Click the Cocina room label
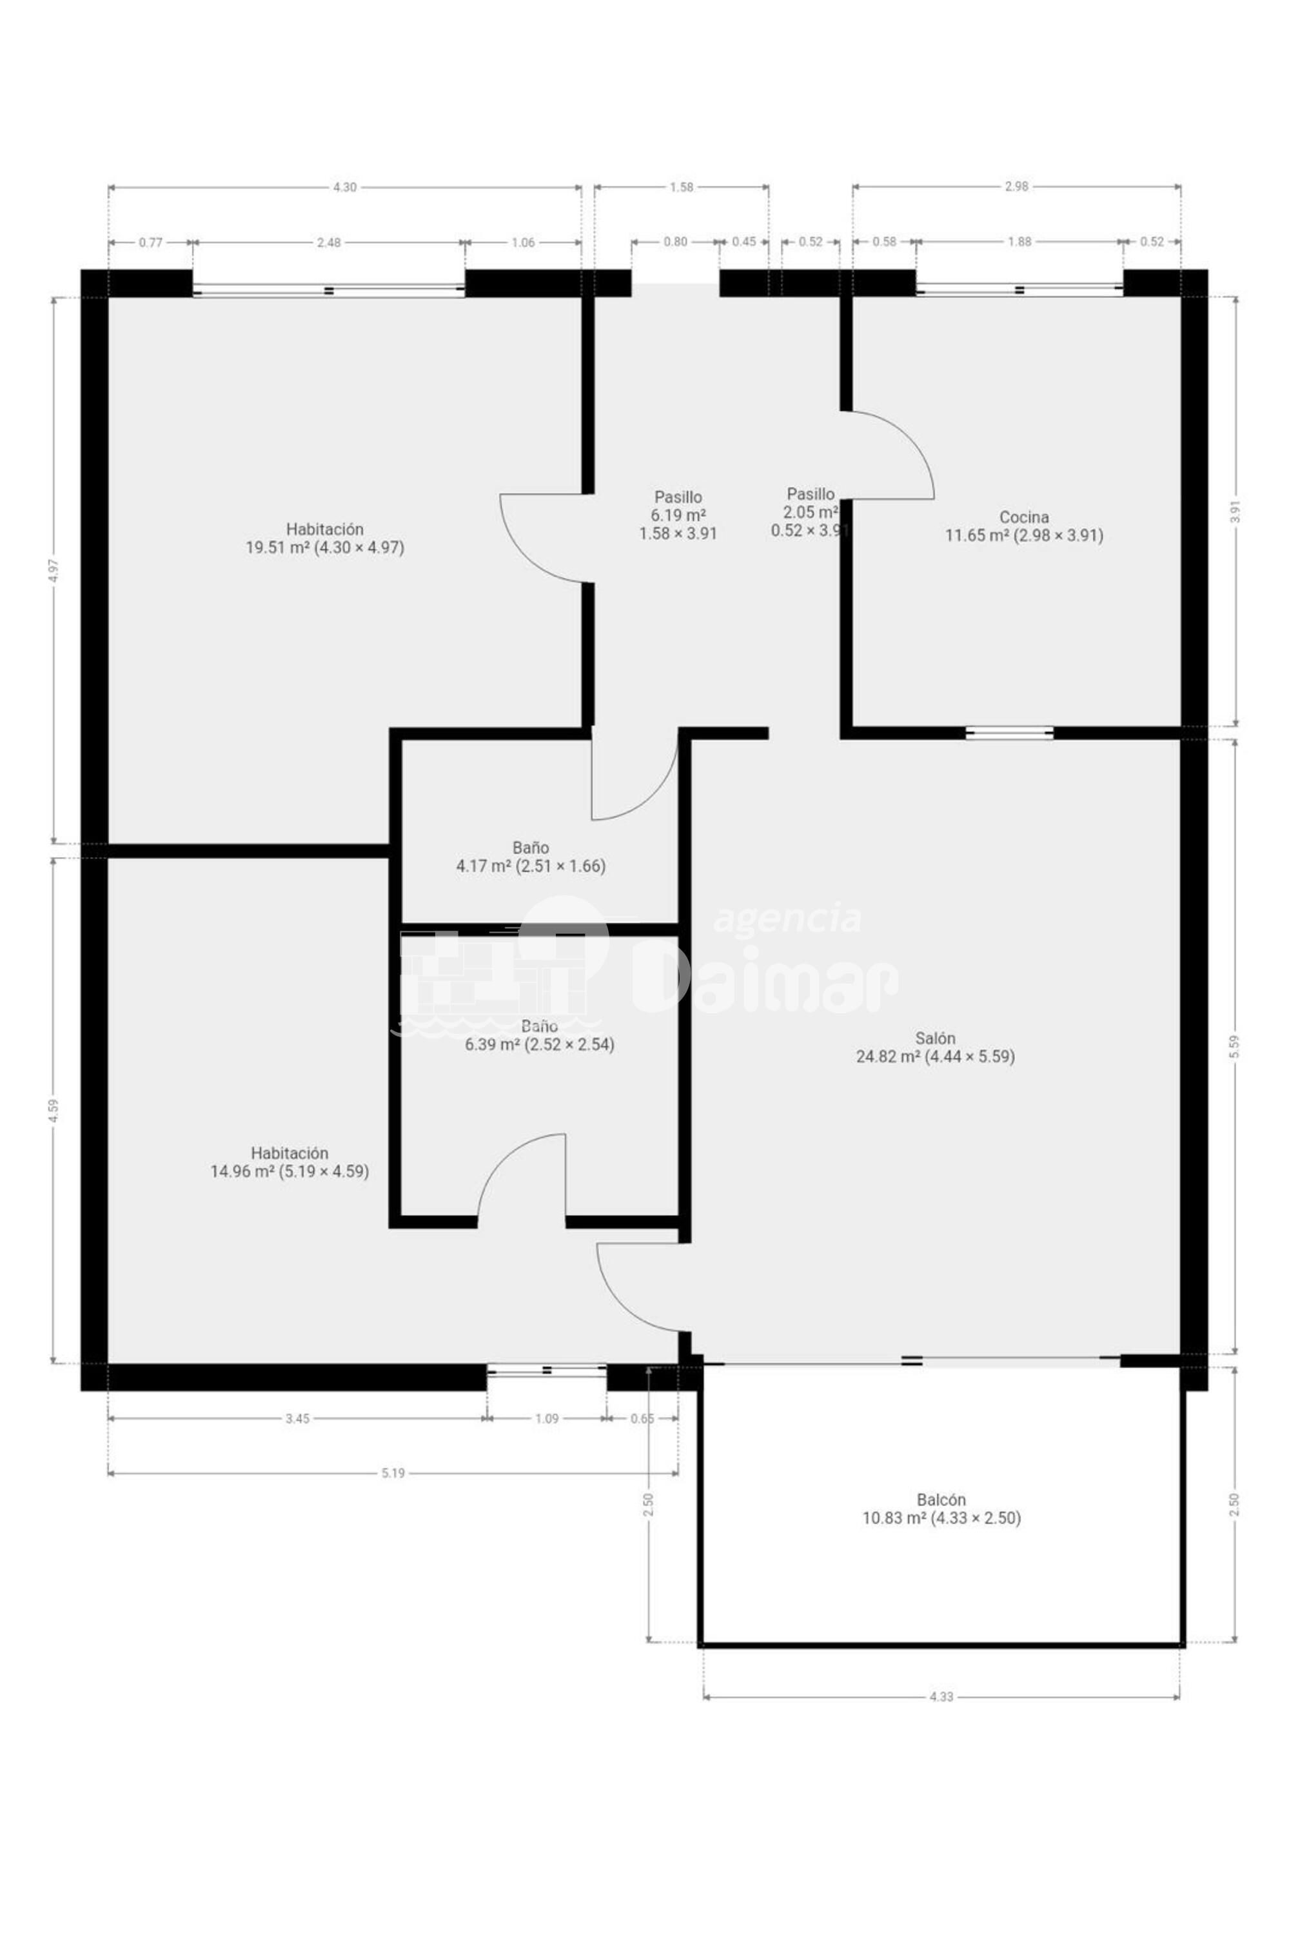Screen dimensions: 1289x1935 (x=1023, y=526)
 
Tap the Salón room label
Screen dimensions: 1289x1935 (x=936, y=1047)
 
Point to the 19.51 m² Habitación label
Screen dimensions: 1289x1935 (x=325, y=538)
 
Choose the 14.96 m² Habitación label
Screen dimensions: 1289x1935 (x=290, y=1162)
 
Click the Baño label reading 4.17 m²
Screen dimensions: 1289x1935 (x=531, y=856)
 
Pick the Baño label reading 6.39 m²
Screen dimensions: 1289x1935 (x=539, y=1035)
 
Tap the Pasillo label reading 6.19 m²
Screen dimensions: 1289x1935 (x=678, y=515)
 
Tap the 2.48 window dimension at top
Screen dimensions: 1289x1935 (x=328, y=243)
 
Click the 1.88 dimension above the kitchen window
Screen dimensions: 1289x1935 (x=1019, y=242)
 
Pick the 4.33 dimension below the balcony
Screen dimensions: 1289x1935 (x=941, y=1696)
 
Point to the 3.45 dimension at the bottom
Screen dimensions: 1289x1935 (x=297, y=1418)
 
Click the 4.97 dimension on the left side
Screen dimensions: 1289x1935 (x=54, y=571)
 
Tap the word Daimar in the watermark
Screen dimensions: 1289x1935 (x=765, y=978)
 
